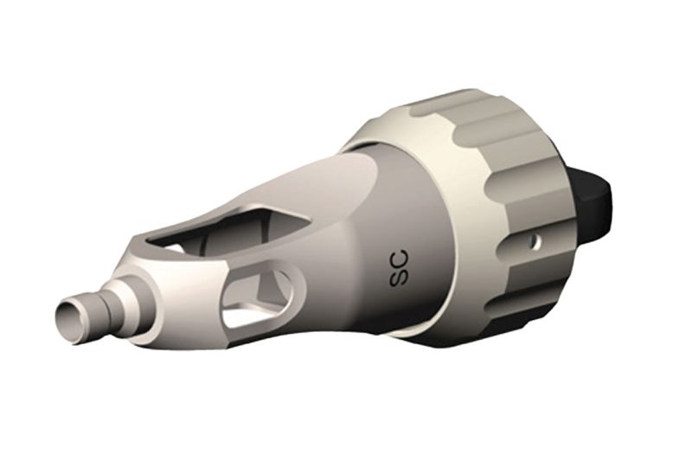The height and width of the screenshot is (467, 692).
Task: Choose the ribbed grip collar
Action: point(484,208)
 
